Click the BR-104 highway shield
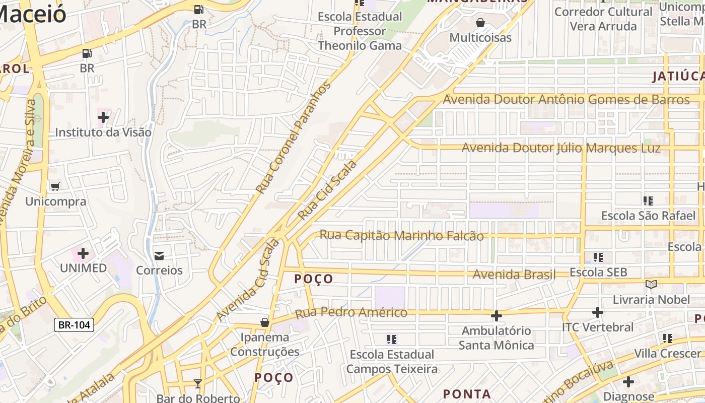coord(74,325)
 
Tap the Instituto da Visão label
coord(103,132)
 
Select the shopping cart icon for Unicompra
coord(55,186)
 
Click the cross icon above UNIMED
coord(83,253)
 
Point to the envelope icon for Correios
coord(159,256)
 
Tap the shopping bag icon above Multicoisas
coord(480,23)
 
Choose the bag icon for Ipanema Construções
coord(265,322)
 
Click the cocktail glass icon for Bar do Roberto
coord(198,384)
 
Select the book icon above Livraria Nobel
coord(651,285)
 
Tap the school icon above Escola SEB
coord(598,257)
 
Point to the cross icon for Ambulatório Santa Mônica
coord(496,316)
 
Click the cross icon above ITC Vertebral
coord(598,312)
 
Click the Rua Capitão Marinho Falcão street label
coord(401,236)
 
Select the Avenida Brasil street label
coord(514,275)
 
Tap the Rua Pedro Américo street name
coord(351,313)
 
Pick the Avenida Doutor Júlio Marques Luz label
coord(561,148)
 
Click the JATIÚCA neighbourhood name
coord(678,77)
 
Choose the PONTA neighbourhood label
coord(467,394)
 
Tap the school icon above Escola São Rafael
coord(648,201)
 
